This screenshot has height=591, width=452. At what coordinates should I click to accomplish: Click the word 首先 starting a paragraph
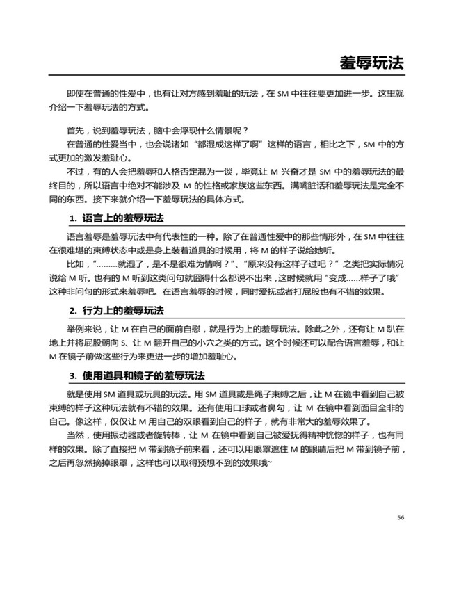(x=75, y=130)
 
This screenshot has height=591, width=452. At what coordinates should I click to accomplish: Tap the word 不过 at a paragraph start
(x=75, y=170)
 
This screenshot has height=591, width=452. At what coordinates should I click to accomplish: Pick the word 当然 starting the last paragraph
(x=75, y=435)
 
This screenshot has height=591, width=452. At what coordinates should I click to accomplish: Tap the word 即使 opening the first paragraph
(x=75, y=93)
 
